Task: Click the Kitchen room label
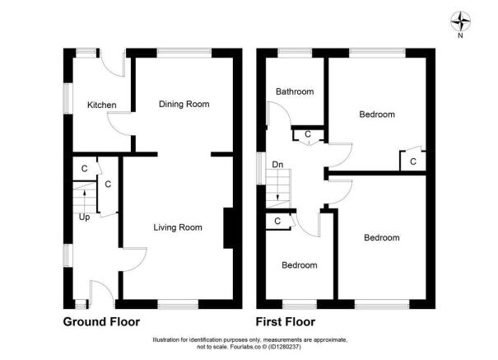tap(102, 105)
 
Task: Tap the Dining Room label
tap(184, 105)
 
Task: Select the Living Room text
tap(178, 227)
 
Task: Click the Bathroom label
tap(295, 92)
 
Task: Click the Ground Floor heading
tap(101, 322)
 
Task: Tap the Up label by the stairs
tap(84, 217)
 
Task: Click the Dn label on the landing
tap(278, 166)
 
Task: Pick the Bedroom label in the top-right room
tap(377, 115)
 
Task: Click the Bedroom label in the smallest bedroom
tap(300, 265)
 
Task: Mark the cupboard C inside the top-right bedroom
tap(412, 162)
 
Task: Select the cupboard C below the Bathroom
tap(308, 134)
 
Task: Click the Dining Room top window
tap(184, 53)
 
